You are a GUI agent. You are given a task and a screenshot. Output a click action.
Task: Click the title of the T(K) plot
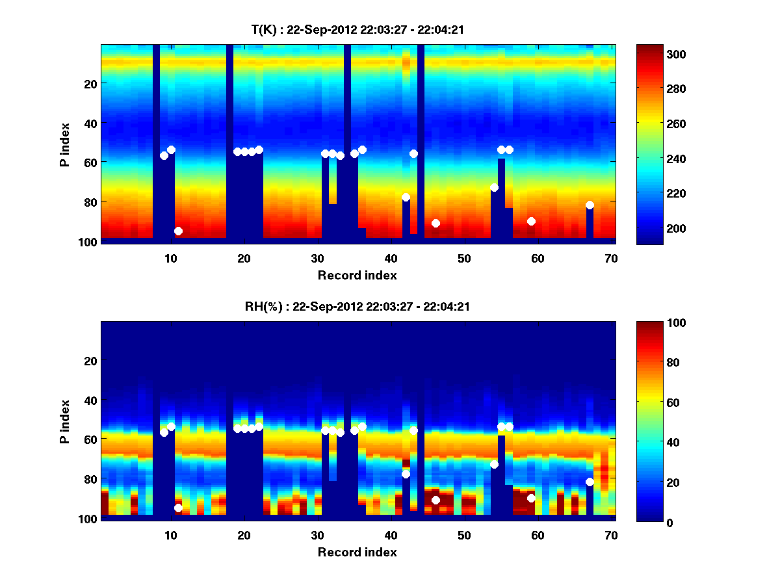point(357,29)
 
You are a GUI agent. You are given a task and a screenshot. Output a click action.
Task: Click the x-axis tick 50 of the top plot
point(464,258)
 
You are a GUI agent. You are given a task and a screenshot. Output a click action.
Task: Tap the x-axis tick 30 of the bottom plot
point(317,536)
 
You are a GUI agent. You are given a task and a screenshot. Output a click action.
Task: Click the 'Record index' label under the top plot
point(357,275)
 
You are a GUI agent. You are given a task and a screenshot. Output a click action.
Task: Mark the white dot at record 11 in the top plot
point(178,231)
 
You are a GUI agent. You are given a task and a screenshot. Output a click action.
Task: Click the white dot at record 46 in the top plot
point(435,223)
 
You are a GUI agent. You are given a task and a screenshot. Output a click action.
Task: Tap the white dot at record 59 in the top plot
point(531,221)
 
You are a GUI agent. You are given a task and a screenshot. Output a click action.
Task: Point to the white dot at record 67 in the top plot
point(590,205)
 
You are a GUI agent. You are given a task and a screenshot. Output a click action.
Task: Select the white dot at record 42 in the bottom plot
point(406,474)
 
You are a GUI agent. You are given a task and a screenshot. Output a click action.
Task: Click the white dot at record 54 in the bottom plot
point(494,464)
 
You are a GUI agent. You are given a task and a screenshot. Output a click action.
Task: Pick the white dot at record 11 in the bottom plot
point(178,508)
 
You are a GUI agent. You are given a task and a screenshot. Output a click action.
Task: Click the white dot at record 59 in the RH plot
point(531,498)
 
